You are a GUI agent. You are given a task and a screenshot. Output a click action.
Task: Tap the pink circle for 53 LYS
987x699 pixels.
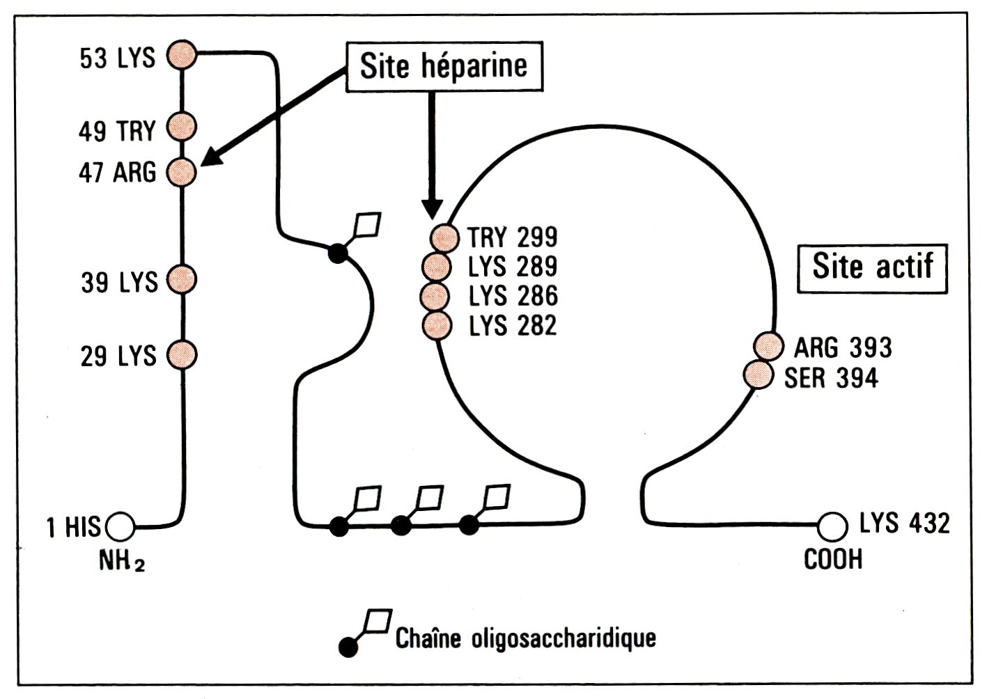point(182,54)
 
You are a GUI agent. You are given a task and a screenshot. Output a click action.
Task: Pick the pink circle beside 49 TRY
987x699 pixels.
point(182,127)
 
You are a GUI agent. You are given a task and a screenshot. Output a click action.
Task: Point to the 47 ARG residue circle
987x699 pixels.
point(181,172)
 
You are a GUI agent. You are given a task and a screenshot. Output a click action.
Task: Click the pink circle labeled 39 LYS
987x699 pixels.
point(182,279)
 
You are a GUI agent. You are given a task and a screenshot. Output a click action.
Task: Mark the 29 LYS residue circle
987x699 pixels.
point(182,354)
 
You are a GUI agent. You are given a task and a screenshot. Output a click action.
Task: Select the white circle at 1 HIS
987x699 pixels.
point(121,527)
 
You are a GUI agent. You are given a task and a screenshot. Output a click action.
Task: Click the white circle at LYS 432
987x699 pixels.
point(832,527)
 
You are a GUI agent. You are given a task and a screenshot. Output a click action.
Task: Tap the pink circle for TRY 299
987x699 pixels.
point(444,238)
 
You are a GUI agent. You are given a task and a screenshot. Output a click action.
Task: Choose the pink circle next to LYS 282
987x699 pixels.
point(437,326)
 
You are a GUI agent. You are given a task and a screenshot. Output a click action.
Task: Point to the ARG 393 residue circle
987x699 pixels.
point(769,346)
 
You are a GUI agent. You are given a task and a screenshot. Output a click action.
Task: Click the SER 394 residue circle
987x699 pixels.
point(759,375)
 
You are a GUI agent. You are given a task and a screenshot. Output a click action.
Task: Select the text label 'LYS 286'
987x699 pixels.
point(513,296)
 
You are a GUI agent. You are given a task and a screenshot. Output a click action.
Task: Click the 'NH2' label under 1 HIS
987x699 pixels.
point(122,561)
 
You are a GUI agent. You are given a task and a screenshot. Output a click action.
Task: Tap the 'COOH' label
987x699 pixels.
point(833,559)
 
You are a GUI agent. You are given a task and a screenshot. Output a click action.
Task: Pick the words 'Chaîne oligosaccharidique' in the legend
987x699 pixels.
point(526,638)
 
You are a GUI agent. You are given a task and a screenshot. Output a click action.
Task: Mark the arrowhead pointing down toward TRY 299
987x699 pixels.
point(433,209)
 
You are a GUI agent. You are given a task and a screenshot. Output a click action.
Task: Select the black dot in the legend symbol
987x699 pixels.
point(348,647)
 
